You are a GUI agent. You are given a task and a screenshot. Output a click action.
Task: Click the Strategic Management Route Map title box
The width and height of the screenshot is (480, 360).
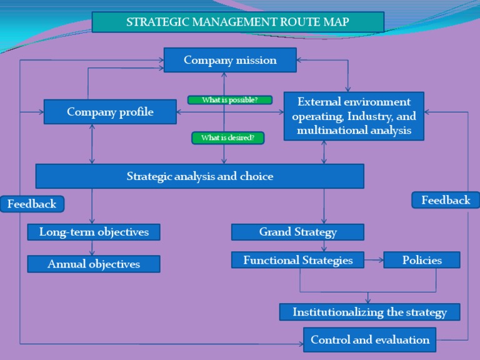tap(237, 22)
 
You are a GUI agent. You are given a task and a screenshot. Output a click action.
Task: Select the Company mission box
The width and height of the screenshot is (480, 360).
tap(230, 60)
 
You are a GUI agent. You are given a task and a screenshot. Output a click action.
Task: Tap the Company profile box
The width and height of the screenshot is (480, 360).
tap(110, 112)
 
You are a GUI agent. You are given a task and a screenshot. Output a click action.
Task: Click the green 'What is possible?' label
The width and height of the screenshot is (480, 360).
tap(230, 99)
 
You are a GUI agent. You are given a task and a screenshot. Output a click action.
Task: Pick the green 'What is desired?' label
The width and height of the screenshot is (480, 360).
tap(227, 137)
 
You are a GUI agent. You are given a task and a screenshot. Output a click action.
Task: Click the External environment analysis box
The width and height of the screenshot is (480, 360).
tap(354, 116)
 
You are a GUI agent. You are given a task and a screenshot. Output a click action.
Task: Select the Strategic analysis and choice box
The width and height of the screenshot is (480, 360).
tap(200, 176)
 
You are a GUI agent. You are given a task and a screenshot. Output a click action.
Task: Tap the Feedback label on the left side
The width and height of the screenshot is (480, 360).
tap(32, 204)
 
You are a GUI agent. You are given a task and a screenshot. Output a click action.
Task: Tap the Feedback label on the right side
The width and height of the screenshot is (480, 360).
tap(446, 200)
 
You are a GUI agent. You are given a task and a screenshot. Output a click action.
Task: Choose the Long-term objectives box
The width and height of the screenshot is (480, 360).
tap(94, 232)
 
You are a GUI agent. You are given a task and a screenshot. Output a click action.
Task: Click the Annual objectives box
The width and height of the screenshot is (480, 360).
tap(94, 264)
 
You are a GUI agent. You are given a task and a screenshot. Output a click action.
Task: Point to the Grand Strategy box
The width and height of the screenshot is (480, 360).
tap(297, 232)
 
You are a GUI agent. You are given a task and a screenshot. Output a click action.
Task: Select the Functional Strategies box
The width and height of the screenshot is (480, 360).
tap(297, 260)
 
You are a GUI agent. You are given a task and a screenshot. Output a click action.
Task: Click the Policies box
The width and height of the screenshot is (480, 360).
tap(422, 260)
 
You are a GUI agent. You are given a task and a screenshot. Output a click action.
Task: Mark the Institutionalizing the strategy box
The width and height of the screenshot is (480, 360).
tap(369, 312)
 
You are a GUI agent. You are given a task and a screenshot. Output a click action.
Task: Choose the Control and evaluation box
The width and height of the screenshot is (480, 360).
tap(370, 340)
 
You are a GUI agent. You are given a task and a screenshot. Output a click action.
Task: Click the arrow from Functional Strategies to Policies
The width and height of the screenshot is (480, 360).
tap(374, 260)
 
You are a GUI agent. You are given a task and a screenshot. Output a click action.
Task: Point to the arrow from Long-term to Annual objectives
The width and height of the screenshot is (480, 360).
tap(92, 248)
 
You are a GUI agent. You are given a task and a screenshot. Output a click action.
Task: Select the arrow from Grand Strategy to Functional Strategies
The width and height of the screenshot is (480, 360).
tap(324, 246)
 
